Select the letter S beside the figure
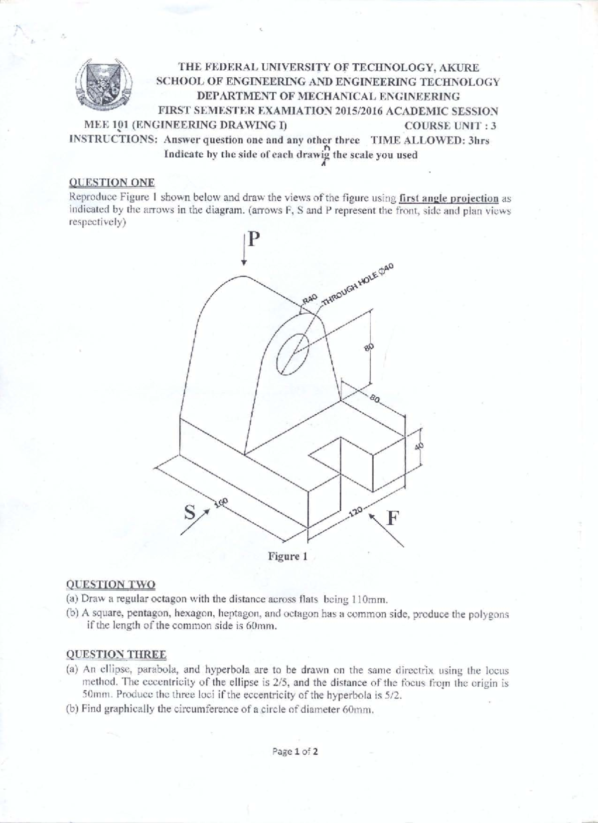pyautogui.click(x=189, y=511)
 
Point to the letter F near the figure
pyautogui.click(x=393, y=518)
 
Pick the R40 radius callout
pyautogui.click(x=309, y=299)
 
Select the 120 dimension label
pyautogui.click(x=355, y=511)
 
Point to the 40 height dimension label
pyautogui.click(x=419, y=446)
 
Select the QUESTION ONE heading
pyautogui.click(x=111, y=182)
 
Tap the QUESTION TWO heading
pyautogui.click(x=111, y=584)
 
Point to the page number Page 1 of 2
pyautogui.click(x=295, y=751)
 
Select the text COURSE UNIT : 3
pyautogui.click(x=450, y=126)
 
